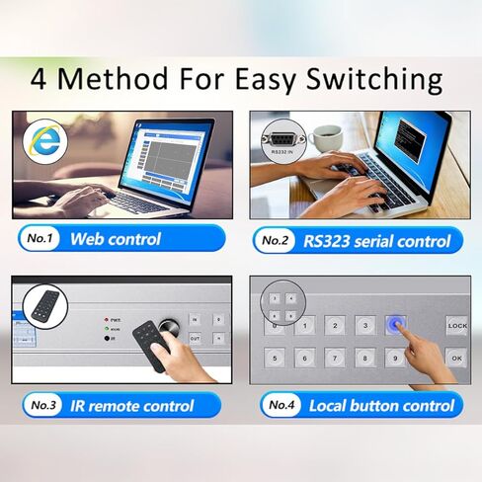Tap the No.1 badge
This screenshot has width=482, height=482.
(41, 239)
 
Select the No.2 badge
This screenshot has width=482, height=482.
(281, 240)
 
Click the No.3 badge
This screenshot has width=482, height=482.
(41, 405)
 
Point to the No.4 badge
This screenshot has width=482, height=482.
(281, 405)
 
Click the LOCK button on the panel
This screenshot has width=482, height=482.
(456, 325)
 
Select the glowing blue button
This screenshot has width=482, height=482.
(396, 325)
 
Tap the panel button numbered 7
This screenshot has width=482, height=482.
(336, 358)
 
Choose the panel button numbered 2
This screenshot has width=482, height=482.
(336, 325)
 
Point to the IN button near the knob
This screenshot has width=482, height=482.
(196, 319)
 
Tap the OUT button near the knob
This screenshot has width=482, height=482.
(196, 339)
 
